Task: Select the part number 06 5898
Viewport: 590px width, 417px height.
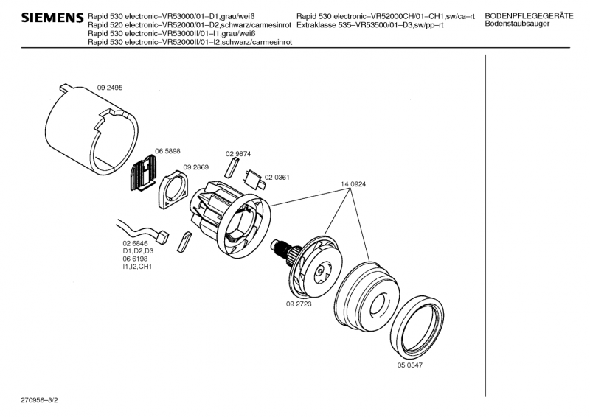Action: point(167,151)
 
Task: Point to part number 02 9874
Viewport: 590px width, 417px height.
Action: point(238,154)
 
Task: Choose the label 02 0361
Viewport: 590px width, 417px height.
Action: point(277,178)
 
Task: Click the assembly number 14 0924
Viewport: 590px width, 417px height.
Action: point(353,183)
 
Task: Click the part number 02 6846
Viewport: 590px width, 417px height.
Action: point(136,243)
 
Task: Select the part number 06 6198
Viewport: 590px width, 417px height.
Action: point(136,259)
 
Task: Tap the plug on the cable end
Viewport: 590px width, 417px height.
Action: point(163,237)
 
